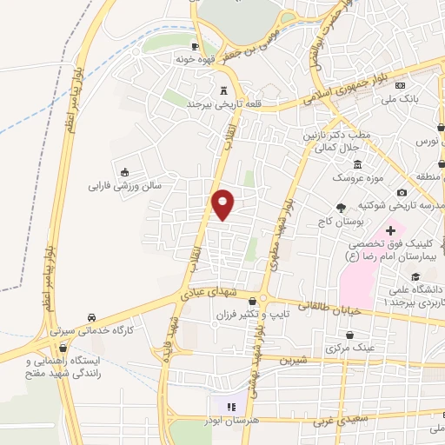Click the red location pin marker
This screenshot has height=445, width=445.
pyautogui.click(x=223, y=204)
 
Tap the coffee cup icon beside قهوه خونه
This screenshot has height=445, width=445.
pyautogui.click(x=196, y=46)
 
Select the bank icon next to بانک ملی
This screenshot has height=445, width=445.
pyautogui.click(x=400, y=85)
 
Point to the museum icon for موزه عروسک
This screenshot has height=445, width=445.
pyautogui.click(x=357, y=165)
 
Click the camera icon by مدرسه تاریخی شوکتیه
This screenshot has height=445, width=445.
pyautogui.click(x=401, y=192)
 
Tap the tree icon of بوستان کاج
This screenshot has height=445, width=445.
pyautogui.click(x=341, y=208)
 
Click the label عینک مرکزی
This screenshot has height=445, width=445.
pyautogui.click(x=352, y=348)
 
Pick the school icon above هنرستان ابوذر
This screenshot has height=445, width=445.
pyautogui.click(x=231, y=406)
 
